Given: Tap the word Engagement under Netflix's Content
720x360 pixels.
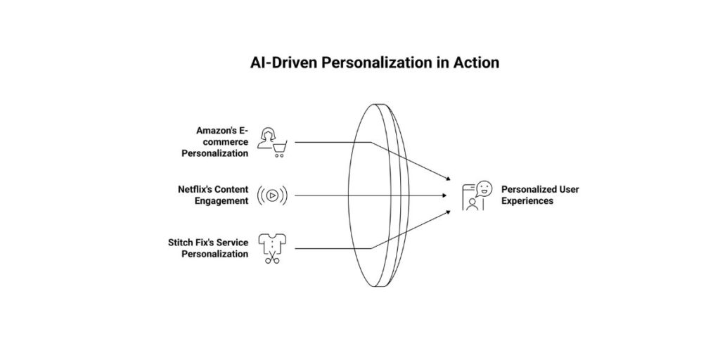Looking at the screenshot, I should pyautogui.click(x=221, y=201).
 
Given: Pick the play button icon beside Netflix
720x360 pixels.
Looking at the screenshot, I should pyautogui.click(x=271, y=195).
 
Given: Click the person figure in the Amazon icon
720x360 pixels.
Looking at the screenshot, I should pyautogui.click(x=266, y=138).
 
